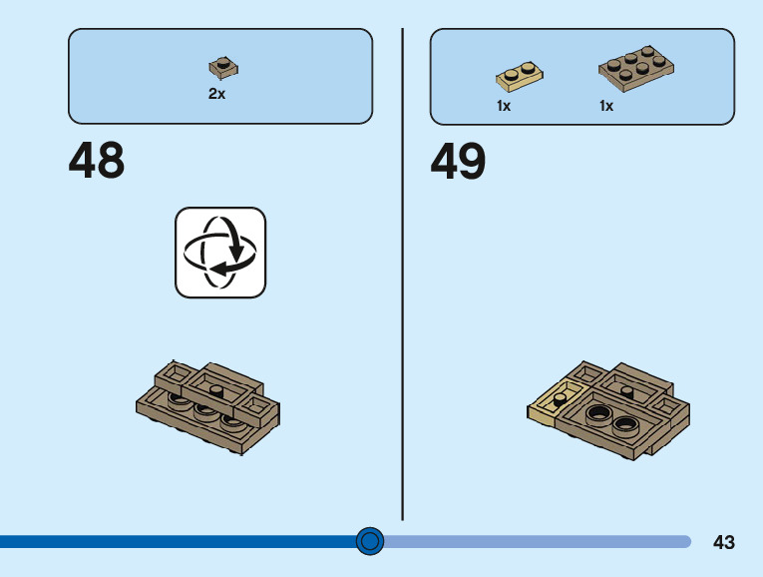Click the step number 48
point(97,162)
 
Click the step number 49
point(458,162)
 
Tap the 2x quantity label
point(216,94)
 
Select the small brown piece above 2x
point(223,68)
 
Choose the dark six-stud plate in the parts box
point(636,68)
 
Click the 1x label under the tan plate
point(504,106)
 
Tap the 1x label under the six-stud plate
point(606,106)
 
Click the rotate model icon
point(220,252)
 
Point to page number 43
point(724,542)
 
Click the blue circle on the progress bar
point(370,541)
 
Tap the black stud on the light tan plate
point(560,396)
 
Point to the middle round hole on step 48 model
point(206,410)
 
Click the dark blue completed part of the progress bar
point(180,542)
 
